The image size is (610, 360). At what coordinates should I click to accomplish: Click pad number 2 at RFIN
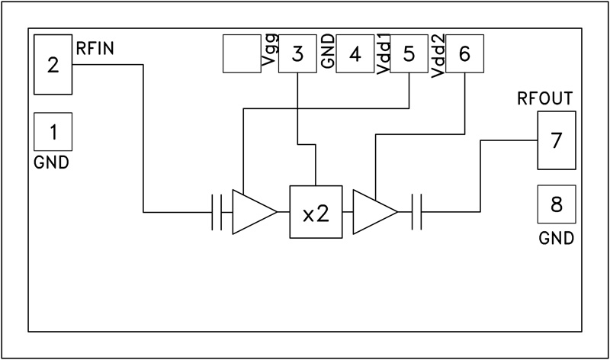click(x=53, y=65)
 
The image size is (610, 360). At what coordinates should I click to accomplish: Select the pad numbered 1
click(x=53, y=133)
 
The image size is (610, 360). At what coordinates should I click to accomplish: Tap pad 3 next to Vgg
click(x=297, y=55)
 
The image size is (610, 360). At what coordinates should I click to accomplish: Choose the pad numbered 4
click(x=355, y=55)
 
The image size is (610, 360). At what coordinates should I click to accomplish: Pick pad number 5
click(x=409, y=55)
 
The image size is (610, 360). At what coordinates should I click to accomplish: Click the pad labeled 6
click(x=465, y=55)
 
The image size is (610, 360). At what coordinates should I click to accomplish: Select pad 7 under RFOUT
click(x=556, y=140)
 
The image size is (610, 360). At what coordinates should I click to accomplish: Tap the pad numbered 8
click(x=556, y=204)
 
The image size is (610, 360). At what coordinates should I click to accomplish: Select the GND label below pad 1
click(x=52, y=162)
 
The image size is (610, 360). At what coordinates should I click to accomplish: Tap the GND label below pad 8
click(x=556, y=238)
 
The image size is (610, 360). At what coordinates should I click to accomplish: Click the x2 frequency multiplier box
click(x=316, y=212)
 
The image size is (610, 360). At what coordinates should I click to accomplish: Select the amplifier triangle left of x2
click(x=252, y=211)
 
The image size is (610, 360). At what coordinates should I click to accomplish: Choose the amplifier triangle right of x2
click(x=374, y=211)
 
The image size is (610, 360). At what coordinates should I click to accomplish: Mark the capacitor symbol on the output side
click(x=416, y=211)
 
